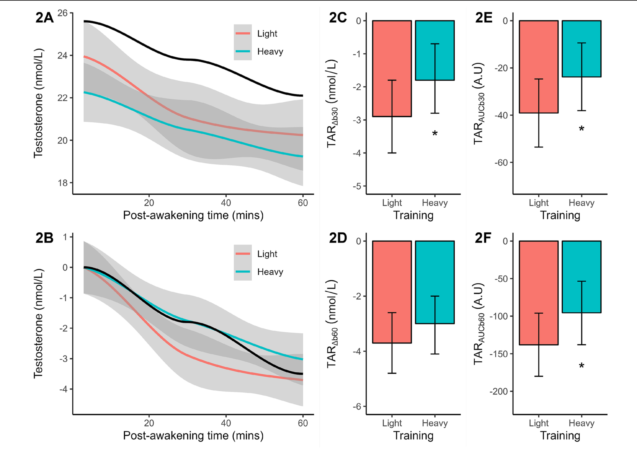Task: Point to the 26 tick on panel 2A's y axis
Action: click(x=63, y=13)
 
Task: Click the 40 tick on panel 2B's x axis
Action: click(x=226, y=423)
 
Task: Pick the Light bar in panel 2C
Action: click(x=392, y=68)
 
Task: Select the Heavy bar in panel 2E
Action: click(x=581, y=49)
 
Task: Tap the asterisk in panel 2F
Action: click(x=581, y=366)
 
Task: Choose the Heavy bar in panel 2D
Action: click(x=435, y=282)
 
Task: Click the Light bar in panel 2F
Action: click(x=538, y=293)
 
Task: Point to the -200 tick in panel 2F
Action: click(x=501, y=391)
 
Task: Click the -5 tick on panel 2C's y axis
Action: click(x=358, y=186)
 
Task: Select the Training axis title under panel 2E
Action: click(x=560, y=215)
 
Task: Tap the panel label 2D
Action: click(x=338, y=238)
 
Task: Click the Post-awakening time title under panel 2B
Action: click(x=193, y=435)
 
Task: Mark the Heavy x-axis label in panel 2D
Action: click(x=435, y=423)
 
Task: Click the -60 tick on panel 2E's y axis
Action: click(x=503, y=162)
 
